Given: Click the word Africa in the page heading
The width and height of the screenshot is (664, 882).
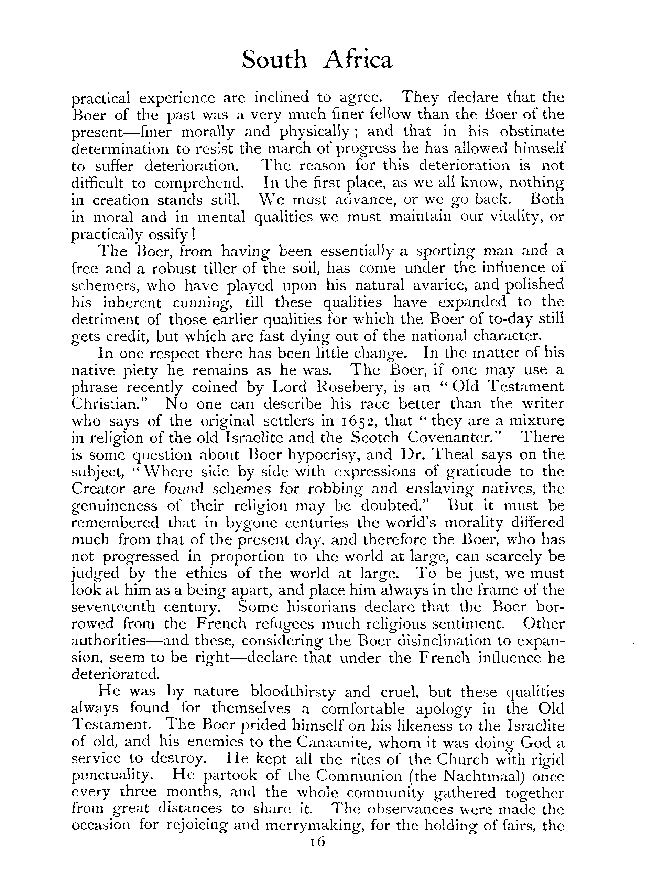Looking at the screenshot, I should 358,61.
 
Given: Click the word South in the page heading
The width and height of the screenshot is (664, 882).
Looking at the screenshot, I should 275,61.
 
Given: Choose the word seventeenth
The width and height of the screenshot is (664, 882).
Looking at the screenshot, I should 113,607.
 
